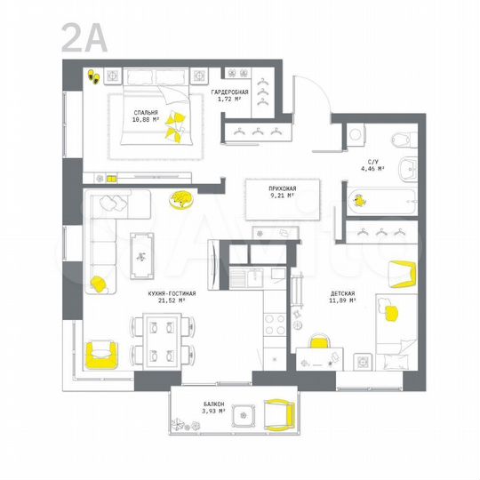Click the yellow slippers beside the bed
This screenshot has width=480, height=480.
(x=92, y=77)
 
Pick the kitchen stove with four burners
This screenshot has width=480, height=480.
(x=276, y=324)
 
